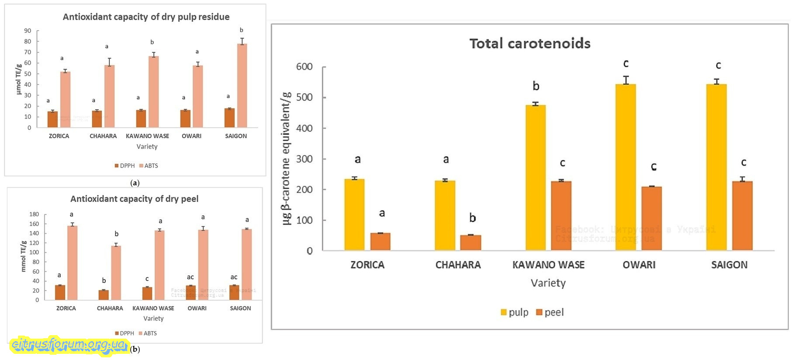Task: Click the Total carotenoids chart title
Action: click(x=530, y=43)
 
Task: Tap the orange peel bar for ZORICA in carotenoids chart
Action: click(x=380, y=242)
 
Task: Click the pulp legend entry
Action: click(x=514, y=312)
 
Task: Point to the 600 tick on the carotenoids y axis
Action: click(x=304, y=67)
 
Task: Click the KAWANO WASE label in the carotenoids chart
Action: click(x=548, y=265)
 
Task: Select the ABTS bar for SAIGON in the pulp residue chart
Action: click(x=242, y=86)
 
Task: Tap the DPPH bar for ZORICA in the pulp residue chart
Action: click(x=52, y=119)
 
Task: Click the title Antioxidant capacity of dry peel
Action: click(x=134, y=199)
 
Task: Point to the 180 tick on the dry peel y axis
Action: click(x=34, y=214)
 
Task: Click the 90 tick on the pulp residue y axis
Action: click(x=28, y=31)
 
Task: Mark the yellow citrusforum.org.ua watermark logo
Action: click(x=69, y=345)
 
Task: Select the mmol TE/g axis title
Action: click(x=24, y=256)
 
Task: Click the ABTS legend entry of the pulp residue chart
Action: click(x=148, y=166)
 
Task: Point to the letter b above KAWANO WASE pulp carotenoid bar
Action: click(x=536, y=86)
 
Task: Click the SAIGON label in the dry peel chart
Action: click(x=240, y=308)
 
